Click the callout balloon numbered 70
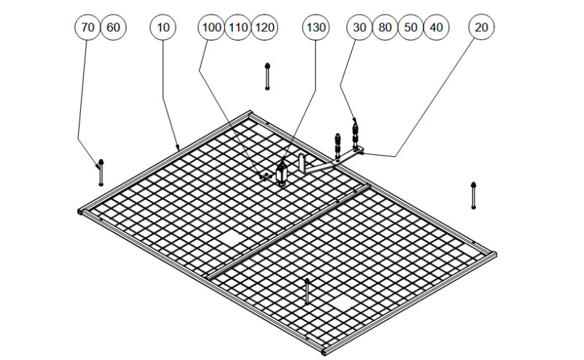tap(88, 28)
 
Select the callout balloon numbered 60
tap(113, 28)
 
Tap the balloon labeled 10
tap(164, 28)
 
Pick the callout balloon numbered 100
tap(211, 28)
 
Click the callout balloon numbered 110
tap(238, 28)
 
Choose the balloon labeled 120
tap(264, 28)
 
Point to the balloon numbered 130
tap(316, 28)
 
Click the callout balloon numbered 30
tap(359, 28)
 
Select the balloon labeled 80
tap(385, 28)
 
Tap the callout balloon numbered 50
tap(411, 28)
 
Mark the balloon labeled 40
tap(437, 28)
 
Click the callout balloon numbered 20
tap(481, 28)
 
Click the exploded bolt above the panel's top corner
tap(268, 76)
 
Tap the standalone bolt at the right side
tap(474, 195)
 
